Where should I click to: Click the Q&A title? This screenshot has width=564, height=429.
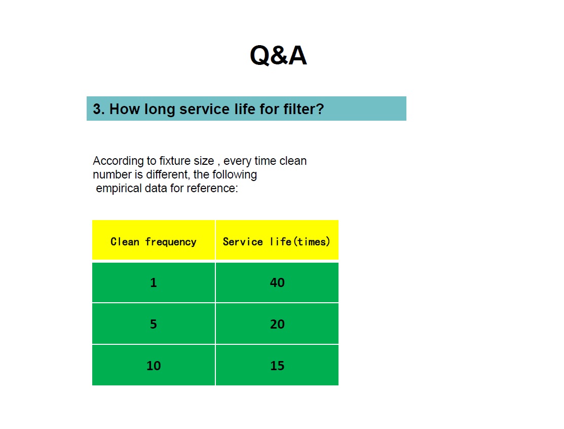click(x=278, y=55)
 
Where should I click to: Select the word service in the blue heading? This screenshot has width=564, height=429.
click(x=204, y=109)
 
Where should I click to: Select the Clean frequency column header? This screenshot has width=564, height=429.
click(x=154, y=242)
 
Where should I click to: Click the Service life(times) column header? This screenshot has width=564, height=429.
click(x=277, y=241)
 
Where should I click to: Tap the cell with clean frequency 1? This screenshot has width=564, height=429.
click(x=154, y=282)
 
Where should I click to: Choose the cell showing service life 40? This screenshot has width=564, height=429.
click(x=277, y=282)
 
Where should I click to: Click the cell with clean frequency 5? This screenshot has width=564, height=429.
click(x=154, y=324)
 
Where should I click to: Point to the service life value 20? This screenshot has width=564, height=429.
click(x=277, y=324)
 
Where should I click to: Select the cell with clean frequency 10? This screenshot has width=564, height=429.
click(x=154, y=365)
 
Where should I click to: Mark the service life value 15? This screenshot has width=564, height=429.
click(x=277, y=366)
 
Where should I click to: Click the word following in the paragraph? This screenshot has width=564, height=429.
click(x=235, y=175)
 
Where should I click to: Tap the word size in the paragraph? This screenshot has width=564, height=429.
click(x=204, y=161)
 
